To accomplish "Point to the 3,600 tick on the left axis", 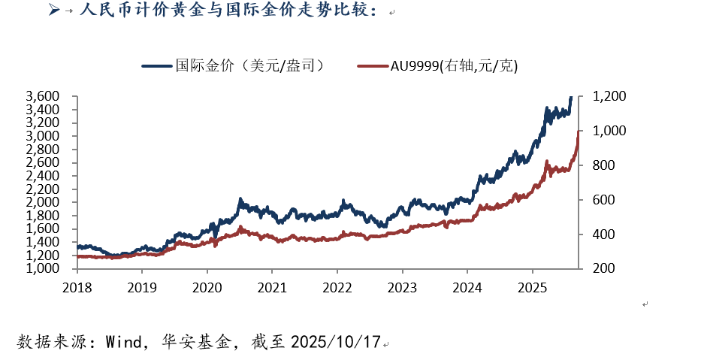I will [42, 96].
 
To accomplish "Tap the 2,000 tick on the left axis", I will [42, 202].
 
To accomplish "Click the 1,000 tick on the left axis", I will [42, 268].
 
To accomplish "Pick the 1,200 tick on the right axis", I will [609, 96].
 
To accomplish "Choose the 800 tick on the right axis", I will [604, 165].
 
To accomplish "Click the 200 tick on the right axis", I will [604, 268].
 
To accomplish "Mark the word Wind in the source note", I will [122, 342].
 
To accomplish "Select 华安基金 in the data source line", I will [198, 342].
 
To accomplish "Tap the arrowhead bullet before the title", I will [53, 11].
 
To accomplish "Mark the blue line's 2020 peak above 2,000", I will [240, 199].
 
